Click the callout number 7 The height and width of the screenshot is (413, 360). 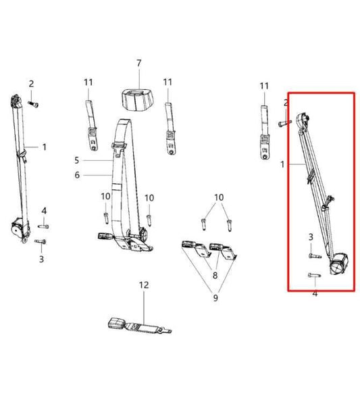tap(139, 63)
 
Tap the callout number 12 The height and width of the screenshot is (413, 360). tap(143, 285)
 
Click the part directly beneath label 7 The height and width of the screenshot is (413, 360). tap(140, 97)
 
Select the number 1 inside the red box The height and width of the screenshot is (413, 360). tap(284, 163)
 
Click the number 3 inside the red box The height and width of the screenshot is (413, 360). tap(311, 237)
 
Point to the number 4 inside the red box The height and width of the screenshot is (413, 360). tap(315, 293)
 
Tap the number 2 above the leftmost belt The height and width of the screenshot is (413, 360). tap(31, 83)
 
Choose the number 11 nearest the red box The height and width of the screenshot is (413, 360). tap(264, 86)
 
